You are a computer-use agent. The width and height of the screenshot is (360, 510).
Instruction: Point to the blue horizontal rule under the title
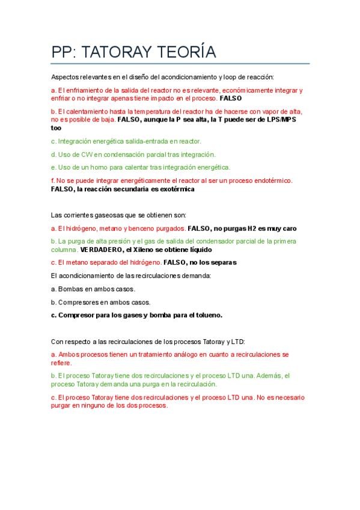click(x=180, y=63)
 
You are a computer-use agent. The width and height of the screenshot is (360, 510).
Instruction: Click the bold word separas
click(x=223, y=262)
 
